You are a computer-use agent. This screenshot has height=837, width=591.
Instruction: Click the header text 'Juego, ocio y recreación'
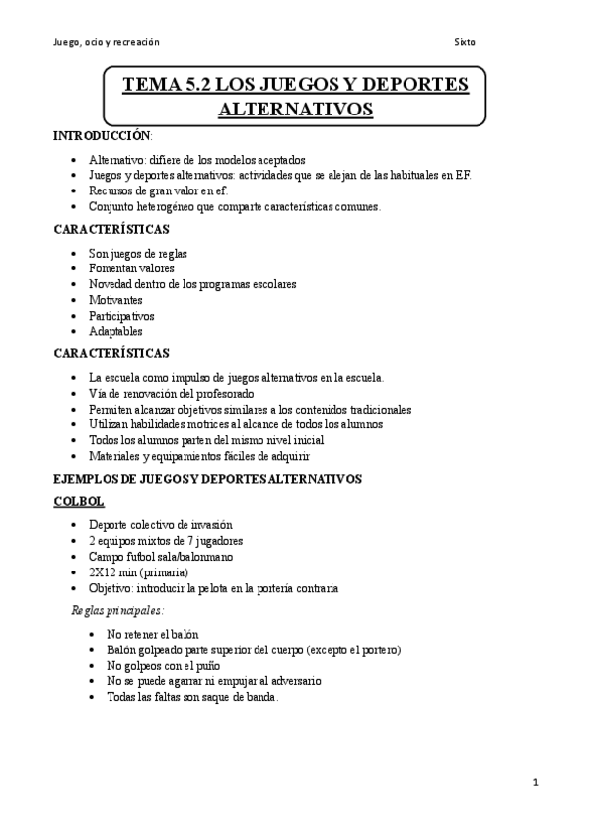pyautogui.click(x=106, y=42)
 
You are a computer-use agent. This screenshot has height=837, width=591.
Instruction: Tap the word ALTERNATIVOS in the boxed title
pyautogui.click(x=296, y=109)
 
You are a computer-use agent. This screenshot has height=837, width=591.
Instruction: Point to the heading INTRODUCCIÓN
pyautogui.click(x=102, y=136)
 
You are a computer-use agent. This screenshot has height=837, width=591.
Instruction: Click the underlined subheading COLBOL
pyautogui.click(x=78, y=502)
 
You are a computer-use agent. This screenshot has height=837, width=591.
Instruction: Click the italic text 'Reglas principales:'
pyautogui.click(x=117, y=610)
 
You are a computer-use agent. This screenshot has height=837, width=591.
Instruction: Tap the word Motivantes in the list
pyautogui.click(x=115, y=300)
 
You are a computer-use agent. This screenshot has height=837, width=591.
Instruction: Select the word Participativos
pyautogui.click(x=121, y=316)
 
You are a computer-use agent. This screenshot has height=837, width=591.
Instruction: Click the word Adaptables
pyautogui.click(x=115, y=332)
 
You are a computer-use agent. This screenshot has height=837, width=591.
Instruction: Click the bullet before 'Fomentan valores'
pyautogui.click(x=77, y=268)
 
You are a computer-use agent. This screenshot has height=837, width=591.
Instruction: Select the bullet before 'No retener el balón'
pyautogui.click(x=93, y=634)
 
